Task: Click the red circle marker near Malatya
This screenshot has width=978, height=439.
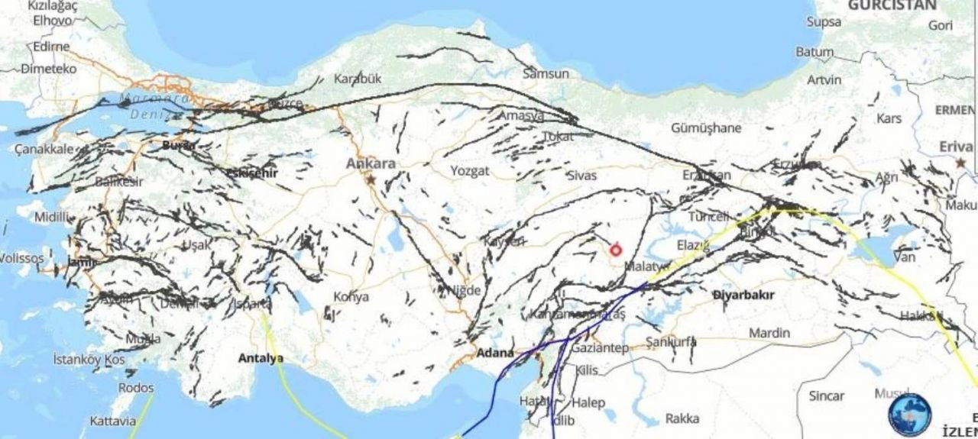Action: click(x=616, y=250)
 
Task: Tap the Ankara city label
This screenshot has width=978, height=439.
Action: click(x=371, y=163)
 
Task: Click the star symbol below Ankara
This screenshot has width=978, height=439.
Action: click(x=371, y=180)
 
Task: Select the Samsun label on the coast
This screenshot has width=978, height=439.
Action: click(x=546, y=74)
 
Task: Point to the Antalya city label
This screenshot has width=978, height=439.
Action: click(x=261, y=357)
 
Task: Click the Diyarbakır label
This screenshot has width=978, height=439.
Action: click(x=743, y=295)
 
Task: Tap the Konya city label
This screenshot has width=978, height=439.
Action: click(x=351, y=296)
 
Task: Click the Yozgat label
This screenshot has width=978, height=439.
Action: click(x=469, y=171)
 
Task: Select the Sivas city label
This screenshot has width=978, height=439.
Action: click(x=581, y=176)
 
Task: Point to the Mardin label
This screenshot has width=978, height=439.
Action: click(x=769, y=333)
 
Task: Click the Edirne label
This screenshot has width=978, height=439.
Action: click(x=50, y=46)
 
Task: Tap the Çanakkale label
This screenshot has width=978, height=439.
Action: click(x=44, y=149)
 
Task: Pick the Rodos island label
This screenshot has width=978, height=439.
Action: click(x=135, y=388)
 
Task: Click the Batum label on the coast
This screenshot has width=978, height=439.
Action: click(x=814, y=53)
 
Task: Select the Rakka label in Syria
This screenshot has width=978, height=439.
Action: click(x=682, y=418)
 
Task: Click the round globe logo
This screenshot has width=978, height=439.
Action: click(x=909, y=415)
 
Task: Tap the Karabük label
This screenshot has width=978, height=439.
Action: click(x=357, y=79)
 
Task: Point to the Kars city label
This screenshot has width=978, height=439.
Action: click(x=889, y=118)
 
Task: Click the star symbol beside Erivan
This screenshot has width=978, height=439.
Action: click(x=960, y=163)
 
